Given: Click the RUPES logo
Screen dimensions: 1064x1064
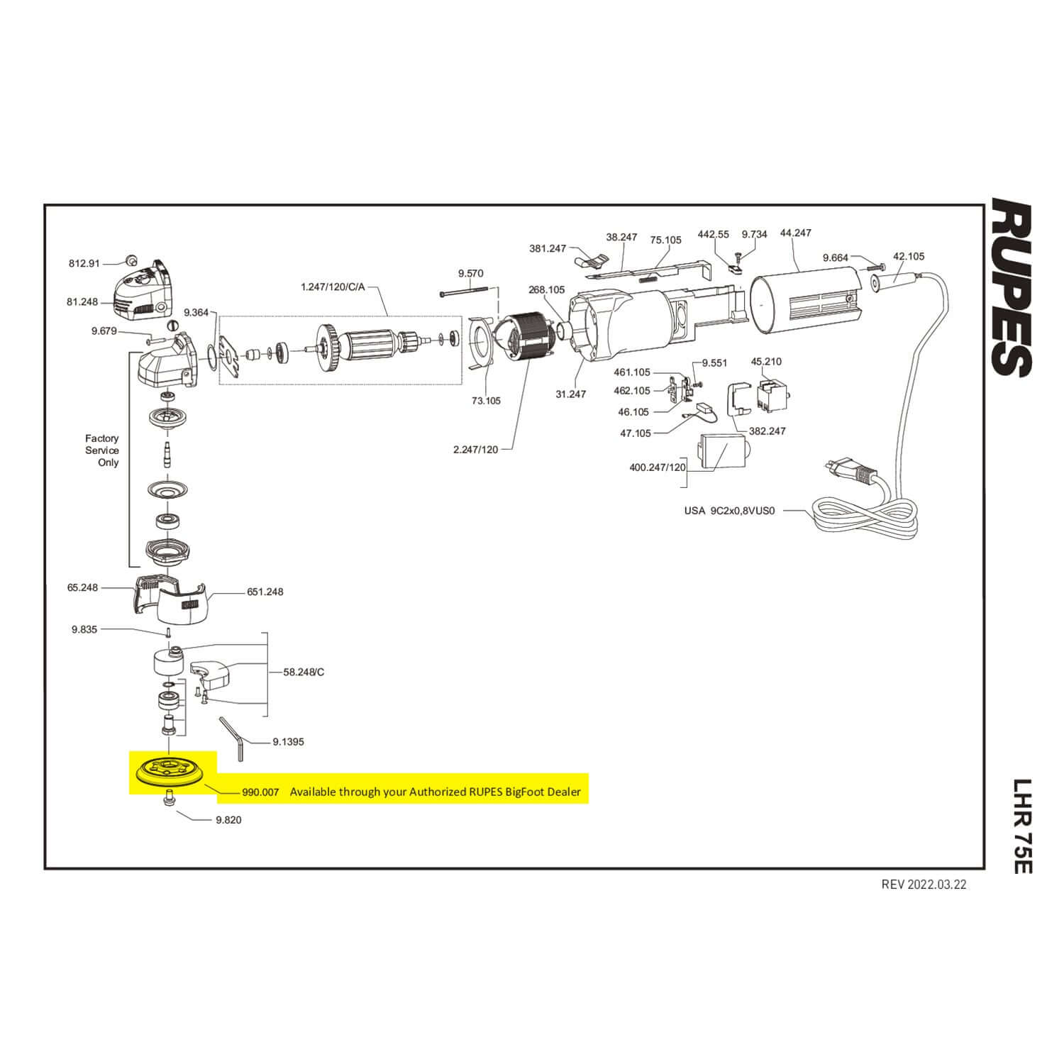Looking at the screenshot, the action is (1011, 287).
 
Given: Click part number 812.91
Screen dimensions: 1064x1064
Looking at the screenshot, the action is (84, 263).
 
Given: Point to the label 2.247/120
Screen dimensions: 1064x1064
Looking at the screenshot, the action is (475, 450).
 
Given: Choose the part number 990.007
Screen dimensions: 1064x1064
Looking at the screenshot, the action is (260, 792).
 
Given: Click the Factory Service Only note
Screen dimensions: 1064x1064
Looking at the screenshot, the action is (102, 450).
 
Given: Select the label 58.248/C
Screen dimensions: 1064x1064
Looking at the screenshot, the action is (304, 672).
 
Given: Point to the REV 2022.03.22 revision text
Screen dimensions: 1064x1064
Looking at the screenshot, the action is (924, 885).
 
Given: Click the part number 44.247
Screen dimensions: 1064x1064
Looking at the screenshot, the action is (795, 233).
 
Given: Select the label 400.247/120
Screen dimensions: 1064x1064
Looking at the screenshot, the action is (658, 467).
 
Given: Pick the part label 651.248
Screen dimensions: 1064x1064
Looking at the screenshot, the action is (265, 592).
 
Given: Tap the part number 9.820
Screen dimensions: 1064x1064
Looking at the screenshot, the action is (228, 820).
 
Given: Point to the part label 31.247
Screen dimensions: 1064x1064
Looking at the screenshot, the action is (570, 394).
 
